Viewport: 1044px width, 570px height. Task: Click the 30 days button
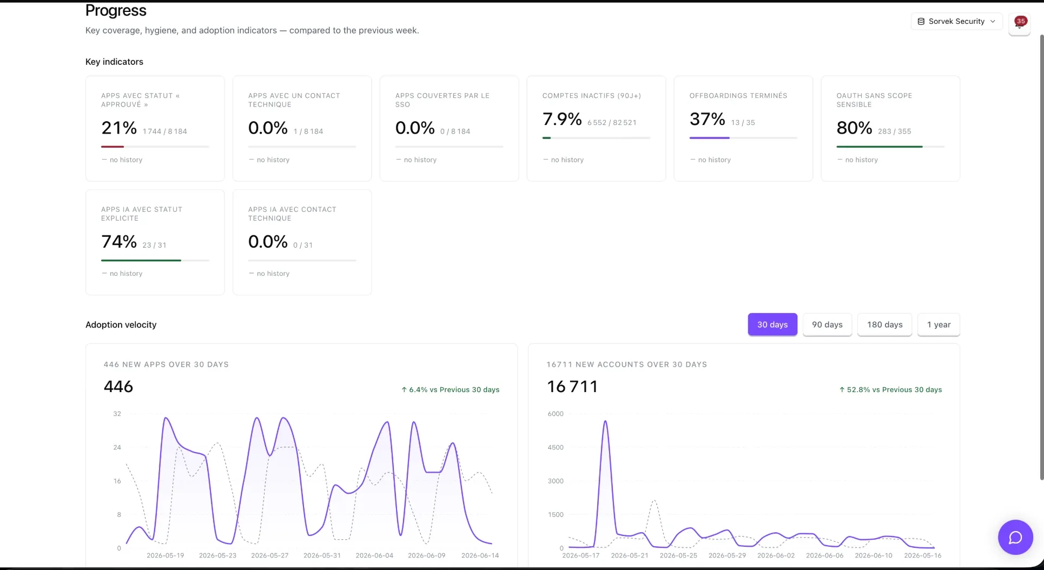tap(772, 324)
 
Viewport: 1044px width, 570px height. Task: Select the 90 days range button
tap(827, 324)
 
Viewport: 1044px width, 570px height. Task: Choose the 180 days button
tap(884, 324)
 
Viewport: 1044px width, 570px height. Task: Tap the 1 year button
tap(939, 324)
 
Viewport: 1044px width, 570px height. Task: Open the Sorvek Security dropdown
tap(956, 22)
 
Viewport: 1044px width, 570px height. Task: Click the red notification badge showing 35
tap(1021, 21)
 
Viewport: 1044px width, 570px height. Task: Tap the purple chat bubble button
tap(1015, 537)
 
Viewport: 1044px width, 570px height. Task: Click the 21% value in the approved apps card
tap(119, 128)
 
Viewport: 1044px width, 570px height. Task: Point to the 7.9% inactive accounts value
tap(562, 119)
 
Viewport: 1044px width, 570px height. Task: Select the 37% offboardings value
tap(707, 119)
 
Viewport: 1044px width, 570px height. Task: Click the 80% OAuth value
tap(854, 128)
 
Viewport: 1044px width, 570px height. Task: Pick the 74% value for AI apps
tap(119, 242)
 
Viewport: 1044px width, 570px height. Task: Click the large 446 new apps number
tap(118, 387)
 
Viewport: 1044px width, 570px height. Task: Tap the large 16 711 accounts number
tap(572, 387)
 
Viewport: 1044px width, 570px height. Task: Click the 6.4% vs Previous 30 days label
tap(450, 389)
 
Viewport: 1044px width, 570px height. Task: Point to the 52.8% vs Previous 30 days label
tap(890, 389)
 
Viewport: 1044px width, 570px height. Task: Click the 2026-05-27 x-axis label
tap(270, 555)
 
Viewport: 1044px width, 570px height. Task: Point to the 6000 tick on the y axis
tap(556, 414)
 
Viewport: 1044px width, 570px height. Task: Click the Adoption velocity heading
tap(121, 324)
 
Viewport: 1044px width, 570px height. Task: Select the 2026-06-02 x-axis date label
tap(776, 555)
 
